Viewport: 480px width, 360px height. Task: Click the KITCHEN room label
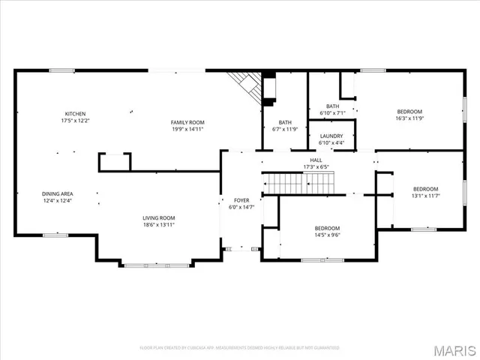(x=75, y=113)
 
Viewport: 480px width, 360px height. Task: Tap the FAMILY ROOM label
(x=187, y=122)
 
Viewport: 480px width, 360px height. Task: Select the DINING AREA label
(x=57, y=193)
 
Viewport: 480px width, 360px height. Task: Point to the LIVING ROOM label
(x=159, y=217)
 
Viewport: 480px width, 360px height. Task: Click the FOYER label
(x=241, y=200)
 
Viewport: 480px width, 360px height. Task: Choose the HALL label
(x=317, y=160)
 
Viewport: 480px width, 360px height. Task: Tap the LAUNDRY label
(x=331, y=136)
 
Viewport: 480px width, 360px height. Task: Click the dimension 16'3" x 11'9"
(x=409, y=118)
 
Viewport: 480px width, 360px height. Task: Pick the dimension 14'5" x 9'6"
(x=327, y=235)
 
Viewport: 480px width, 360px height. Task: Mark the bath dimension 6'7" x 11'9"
(x=285, y=128)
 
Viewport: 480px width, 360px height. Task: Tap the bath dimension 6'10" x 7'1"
(x=332, y=112)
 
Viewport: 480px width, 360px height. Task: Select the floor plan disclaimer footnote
(x=239, y=348)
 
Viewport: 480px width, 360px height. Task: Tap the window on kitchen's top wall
(x=61, y=70)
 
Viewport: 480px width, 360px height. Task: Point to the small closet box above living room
(x=115, y=161)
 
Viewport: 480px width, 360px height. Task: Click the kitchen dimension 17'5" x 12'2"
(x=75, y=120)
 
